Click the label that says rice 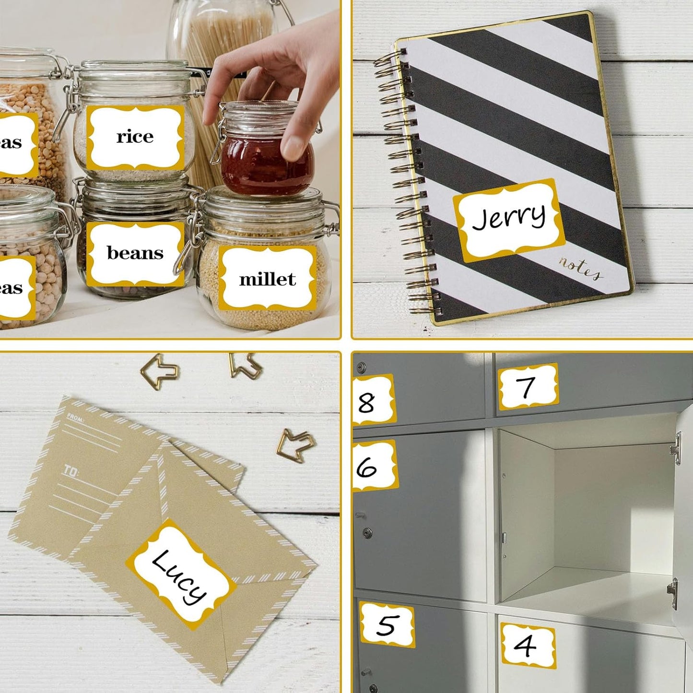pyautogui.click(x=135, y=138)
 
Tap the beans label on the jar pyautogui.click(x=135, y=253)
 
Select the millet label pyautogui.click(x=267, y=279)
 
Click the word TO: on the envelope pyautogui.click(x=70, y=471)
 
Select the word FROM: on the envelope pyautogui.click(x=76, y=418)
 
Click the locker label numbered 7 pyautogui.click(x=528, y=387)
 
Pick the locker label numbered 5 pyautogui.click(x=387, y=624)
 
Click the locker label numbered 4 pyautogui.click(x=528, y=645)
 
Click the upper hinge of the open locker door pyautogui.click(x=677, y=448)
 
